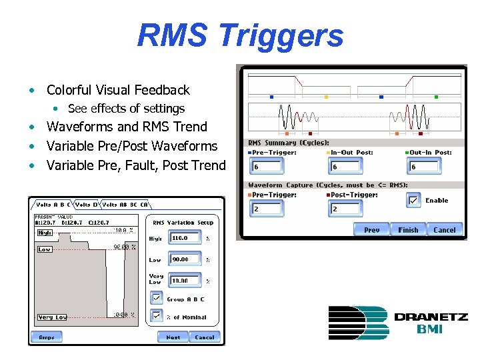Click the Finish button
pyautogui.click(x=408, y=229)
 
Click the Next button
pyautogui.click(x=173, y=337)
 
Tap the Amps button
pyautogui.click(x=47, y=337)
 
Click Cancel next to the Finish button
pyautogui.click(x=444, y=229)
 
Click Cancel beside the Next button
pyautogui.click(x=205, y=337)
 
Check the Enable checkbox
pyautogui.click(x=414, y=200)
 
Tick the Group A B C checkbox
pyautogui.click(x=156, y=299)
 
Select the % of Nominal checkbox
pyautogui.click(x=156, y=316)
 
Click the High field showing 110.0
pyautogui.click(x=185, y=238)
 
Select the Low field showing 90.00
pyautogui.click(x=185, y=259)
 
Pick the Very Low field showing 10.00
pyautogui.click(x=185, y=281)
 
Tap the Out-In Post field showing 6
pyautogui.click(x=423, y=167)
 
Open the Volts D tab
pyautogui.click(x=86, y=205)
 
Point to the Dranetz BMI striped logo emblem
pyautogui.click(x=357, y=323)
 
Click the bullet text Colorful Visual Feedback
pyautogui.click(x=118, y=90)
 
